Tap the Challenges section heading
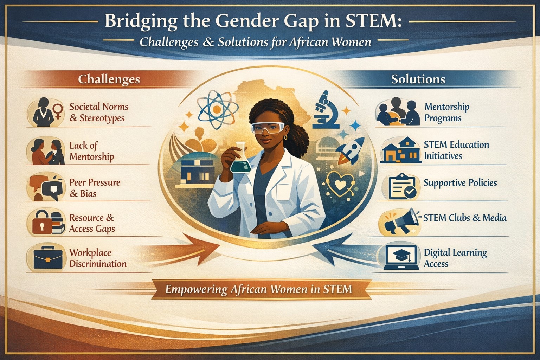(x=109, y=79)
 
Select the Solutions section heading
(x=418, y=79)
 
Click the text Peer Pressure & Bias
(x=95, y=188)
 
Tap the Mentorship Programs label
(x=446, y=112)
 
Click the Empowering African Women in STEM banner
(x=258, y=289)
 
